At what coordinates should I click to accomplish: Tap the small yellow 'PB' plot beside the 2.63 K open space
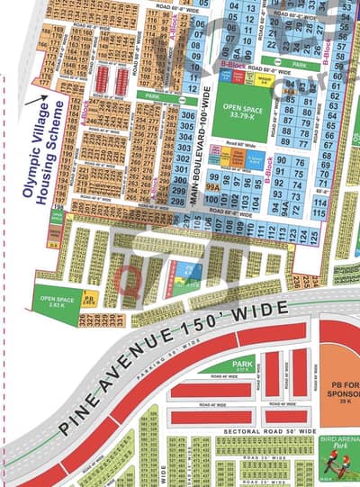(89, 296)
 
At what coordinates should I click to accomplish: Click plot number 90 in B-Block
(282, 161)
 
